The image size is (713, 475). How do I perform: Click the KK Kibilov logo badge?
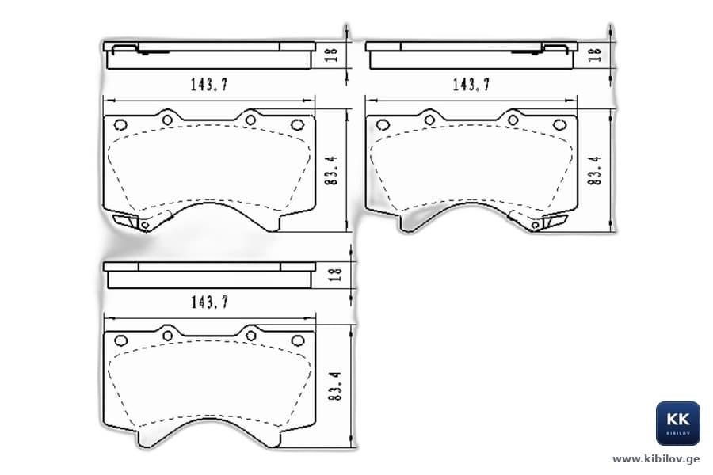point(677,424)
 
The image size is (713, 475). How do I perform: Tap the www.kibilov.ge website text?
point(656,459)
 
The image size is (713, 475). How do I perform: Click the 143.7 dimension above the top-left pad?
point(209,85)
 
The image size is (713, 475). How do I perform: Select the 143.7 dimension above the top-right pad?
point(471,85)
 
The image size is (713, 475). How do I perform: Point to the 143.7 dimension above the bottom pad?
point(209,302)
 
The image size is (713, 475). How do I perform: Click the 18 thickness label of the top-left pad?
point(333,55)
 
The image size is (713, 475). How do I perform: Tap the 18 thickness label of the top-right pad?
point(595,55)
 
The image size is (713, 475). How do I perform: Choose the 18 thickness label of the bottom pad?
point(335,275)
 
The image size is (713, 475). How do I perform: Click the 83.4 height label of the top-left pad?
point(332,170)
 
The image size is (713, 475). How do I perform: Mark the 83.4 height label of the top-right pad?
point(594,170)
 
